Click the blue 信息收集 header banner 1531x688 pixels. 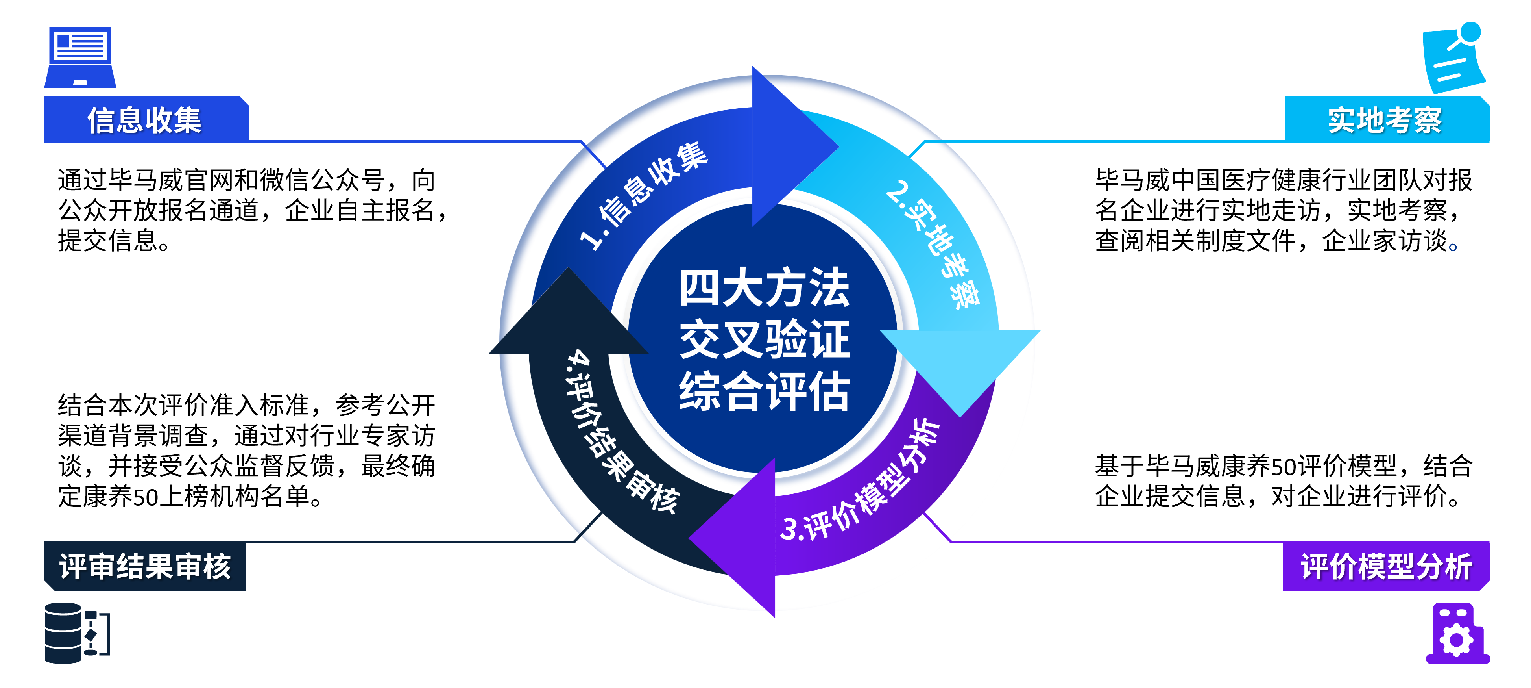point(146,119)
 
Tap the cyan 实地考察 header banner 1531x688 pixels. point(1385,119)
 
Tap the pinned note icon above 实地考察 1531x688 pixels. point(1453,58)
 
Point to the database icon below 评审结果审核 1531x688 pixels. point(76,633)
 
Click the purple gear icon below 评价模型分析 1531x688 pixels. point(1457,634)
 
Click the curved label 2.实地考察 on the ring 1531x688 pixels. point(933,244)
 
